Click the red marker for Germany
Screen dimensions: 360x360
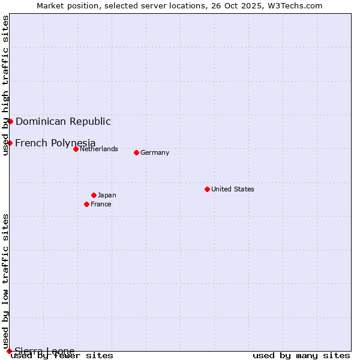[136, 152]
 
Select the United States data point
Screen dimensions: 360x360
[207, 189]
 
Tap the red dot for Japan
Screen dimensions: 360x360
[94, 195]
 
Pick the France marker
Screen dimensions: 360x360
[86, 204]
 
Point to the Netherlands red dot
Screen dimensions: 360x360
[76, 149]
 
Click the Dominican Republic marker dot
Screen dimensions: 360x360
[10, 121]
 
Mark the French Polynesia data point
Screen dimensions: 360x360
[10, 143]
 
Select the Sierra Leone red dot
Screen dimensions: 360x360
[9, 351]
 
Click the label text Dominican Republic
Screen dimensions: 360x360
[63, 121]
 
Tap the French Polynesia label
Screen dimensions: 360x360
[55, 143]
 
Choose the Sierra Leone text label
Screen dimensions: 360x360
[44, 351]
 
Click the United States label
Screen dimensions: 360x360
[233, 189]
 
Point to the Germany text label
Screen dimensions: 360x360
[155, 152]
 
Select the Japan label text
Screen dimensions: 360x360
[107, 195]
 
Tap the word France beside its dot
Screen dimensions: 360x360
[101, 204]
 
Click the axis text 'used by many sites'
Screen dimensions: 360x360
[301, 355]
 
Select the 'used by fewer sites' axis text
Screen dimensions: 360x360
[62, 355]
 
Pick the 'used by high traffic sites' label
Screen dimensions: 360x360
[5, 85]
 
